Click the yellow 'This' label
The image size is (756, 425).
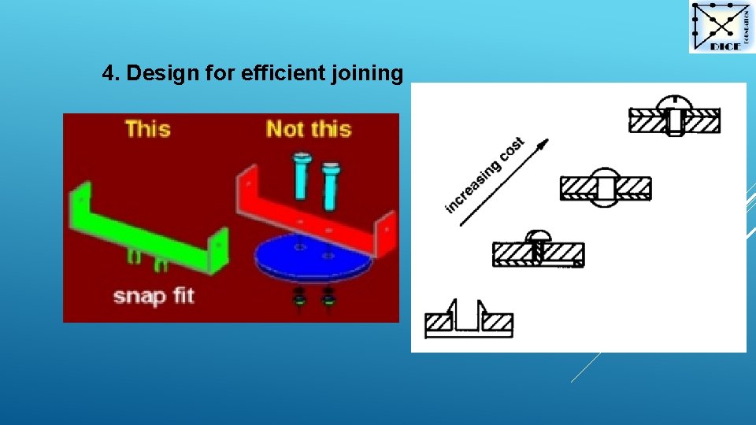click(147, 128)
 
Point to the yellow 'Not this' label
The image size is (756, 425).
click(308, 128)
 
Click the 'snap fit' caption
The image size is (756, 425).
click(154, 297)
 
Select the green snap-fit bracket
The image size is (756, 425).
click(150, 227)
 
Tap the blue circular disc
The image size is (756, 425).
click(307, 256)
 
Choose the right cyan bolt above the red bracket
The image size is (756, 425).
click(331, 184)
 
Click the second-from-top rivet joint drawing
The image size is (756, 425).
click(606, 187)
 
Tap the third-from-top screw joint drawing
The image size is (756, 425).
click(538, 249)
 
